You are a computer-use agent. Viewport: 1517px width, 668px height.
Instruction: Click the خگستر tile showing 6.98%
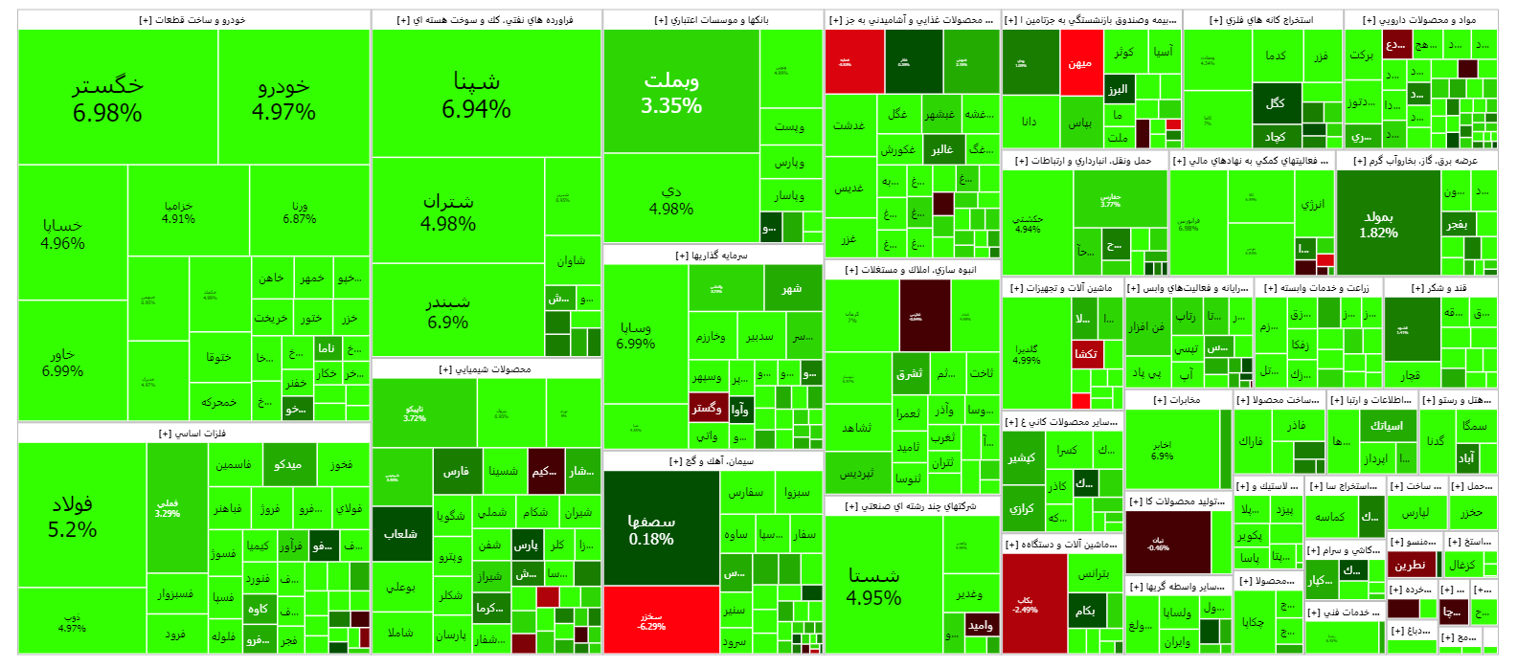coord(107,98)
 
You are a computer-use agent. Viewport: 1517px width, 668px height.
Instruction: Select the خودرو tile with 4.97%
coord(283,98)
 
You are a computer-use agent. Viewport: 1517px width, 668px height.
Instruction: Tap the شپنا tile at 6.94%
coord(476,94)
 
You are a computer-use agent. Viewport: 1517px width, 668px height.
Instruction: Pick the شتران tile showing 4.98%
coord(448,212)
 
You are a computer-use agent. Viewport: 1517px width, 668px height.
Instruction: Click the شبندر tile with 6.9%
coord(448,311)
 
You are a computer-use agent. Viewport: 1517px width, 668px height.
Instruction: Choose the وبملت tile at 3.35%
coord(671,92)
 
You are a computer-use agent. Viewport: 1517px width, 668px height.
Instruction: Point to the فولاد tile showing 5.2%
coord(73,516)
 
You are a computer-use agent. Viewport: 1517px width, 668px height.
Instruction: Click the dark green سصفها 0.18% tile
coord(651,528)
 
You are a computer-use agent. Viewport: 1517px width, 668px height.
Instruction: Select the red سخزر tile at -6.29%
coord(651,621)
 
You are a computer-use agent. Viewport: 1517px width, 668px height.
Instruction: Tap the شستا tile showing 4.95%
coord(874,586)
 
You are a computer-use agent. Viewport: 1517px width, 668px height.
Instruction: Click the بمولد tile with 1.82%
coord(1378,224)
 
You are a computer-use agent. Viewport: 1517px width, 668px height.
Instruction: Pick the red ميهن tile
coord(1080,63)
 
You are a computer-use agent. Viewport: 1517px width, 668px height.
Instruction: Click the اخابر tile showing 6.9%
coord(1162,450)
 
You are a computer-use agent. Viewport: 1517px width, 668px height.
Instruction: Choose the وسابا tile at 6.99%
coord(636,335)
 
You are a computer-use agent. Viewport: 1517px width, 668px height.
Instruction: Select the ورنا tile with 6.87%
coord(300,212)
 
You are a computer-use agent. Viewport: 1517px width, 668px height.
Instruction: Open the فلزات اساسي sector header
coord(192,434)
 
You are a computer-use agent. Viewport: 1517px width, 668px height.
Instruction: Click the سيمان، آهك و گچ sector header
coord(712,461)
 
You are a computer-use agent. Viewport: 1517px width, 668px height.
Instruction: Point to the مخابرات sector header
coord(1177,400)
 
